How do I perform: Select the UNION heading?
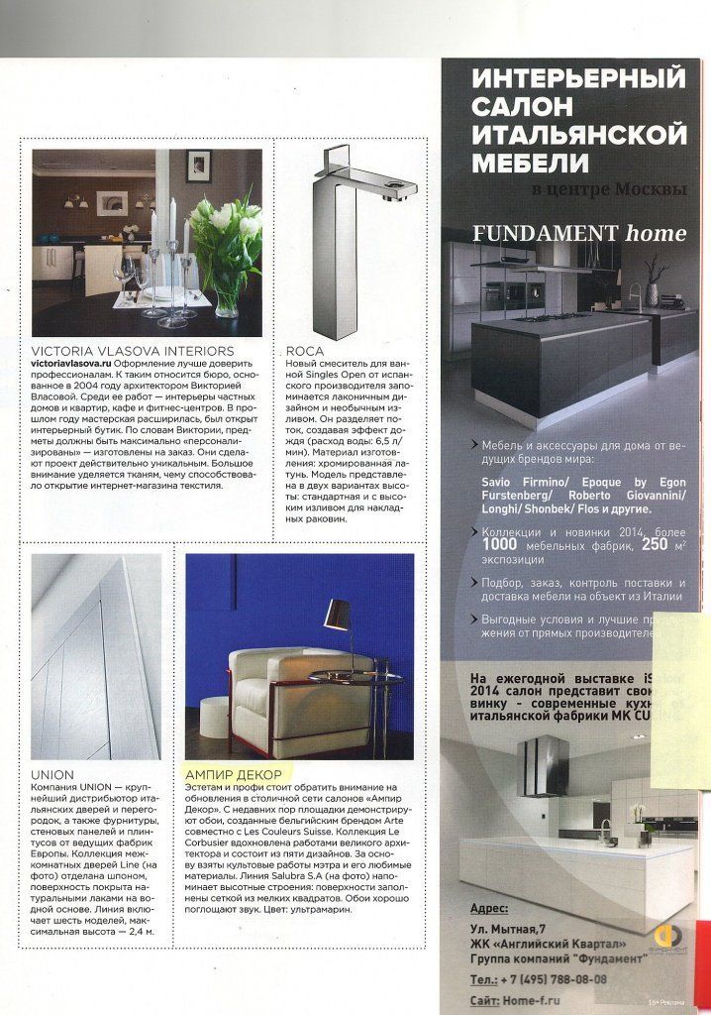[52, 774]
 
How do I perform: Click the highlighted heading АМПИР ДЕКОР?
[234, 774]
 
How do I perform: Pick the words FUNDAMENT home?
[579, 234]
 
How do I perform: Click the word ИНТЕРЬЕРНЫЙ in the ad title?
[579, 78]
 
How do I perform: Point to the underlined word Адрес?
[488, 909]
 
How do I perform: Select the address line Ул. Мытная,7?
[516, 929]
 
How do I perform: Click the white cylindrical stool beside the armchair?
[215, 716]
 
